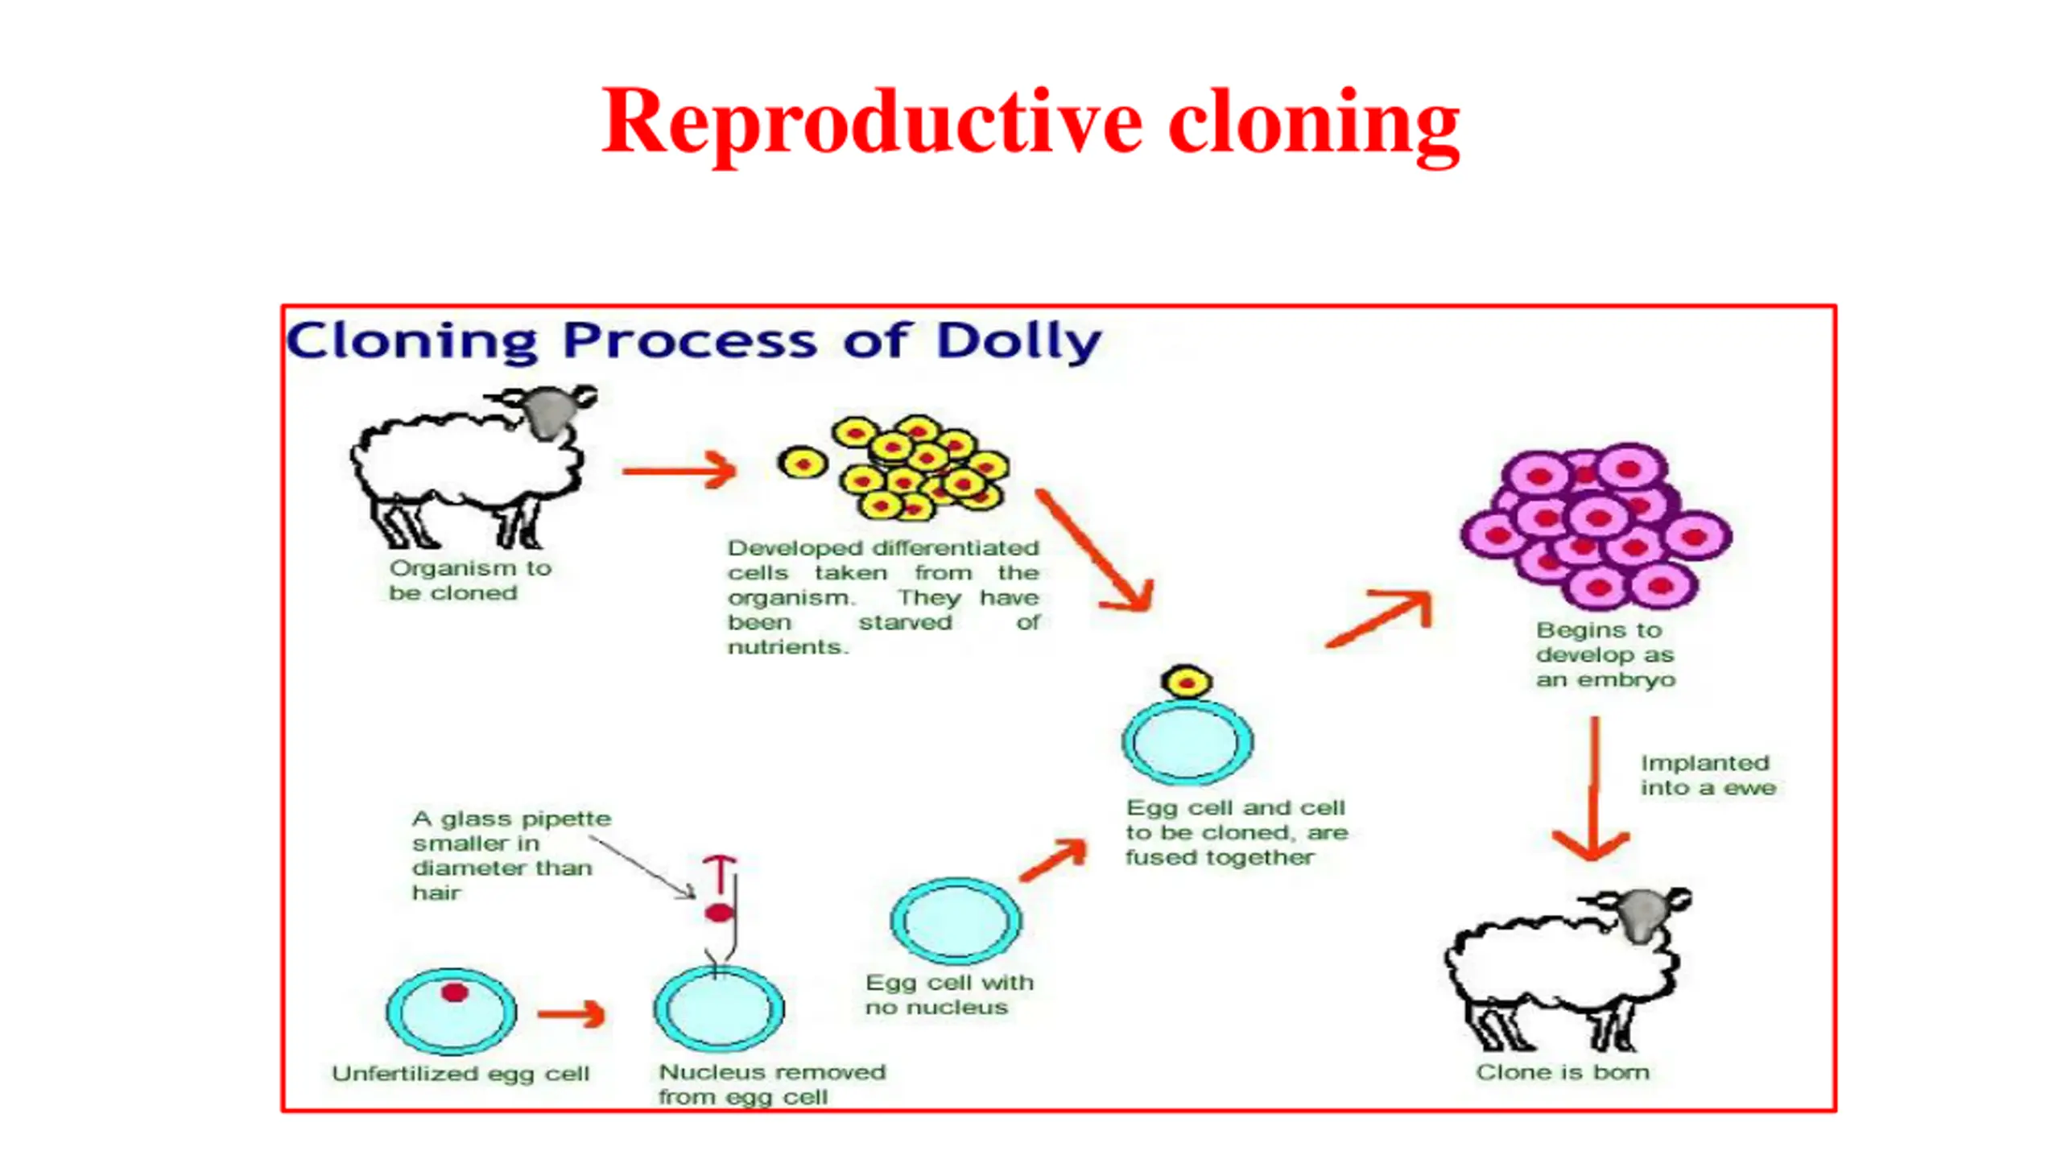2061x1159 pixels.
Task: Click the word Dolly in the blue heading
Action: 1018,341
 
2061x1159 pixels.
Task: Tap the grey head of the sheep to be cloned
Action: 550,410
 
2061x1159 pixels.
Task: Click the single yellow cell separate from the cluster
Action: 803,463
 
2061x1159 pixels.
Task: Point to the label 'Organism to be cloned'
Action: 470,580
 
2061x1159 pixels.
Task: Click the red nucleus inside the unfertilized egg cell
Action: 455,992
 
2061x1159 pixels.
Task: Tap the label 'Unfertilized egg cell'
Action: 461,1074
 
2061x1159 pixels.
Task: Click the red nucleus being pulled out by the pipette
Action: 719,913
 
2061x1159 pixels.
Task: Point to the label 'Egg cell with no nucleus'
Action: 948,995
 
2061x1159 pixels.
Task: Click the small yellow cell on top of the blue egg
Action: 1187,683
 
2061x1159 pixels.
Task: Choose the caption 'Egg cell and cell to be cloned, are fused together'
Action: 1236,832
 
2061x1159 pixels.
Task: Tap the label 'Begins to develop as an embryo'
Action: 1605,654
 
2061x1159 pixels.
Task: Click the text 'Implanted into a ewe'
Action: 1707,775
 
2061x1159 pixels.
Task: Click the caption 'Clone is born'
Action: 1562,1072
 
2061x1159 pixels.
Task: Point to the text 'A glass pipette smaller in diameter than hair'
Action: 510,856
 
